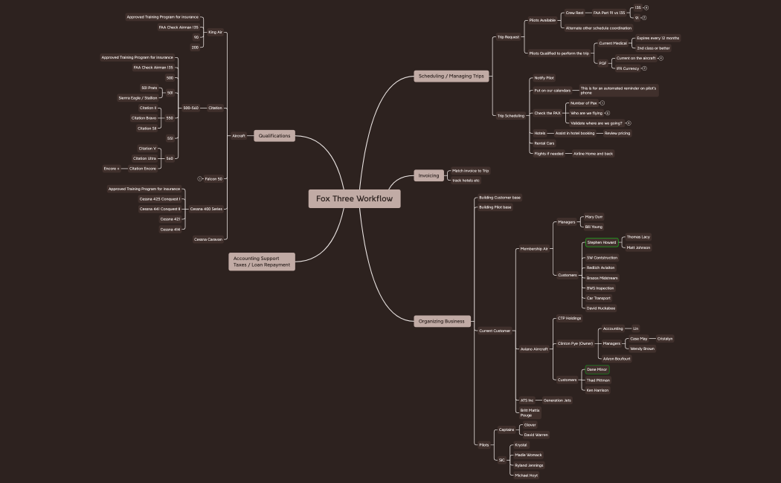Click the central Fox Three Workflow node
pyautogui.click(x=354, y=198)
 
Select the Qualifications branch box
pyautogui.click(x=274, y=136)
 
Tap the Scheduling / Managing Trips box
pyautogui.click(x=451, y=76)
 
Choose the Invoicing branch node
pyautogui.click(x=428, y=175)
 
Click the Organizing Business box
pyautogui.click(x=441, y=321)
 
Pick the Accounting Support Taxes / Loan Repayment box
pyautogui.click(x=261, y=261)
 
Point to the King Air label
pyautogui.click(x=215, y=32)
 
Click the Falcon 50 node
pyautogui.click(x=213, y=178)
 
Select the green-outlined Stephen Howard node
pyautogui.click(x=601, y=242)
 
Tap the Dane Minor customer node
pyautogui.click(x=597, y=369)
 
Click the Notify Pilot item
pyautogui.click(x=544, y=78)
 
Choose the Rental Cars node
pyautogui.click(x=544, y=143)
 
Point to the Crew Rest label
pyautogui.click(x=574, y=13)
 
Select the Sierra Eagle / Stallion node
pyautogui.click(x=138, y=97)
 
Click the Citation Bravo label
pyautogui.click(x=144, y=117)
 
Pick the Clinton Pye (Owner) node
pyautogui.click(x=575, y=343)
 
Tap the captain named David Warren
pyautogui.click(x=536, y=435)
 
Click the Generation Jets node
pyautogui.click(x=557, y=401)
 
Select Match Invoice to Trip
pyautogui.click(x=470, y=171)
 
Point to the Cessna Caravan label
pyautogui.click(x=208, y=239)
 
